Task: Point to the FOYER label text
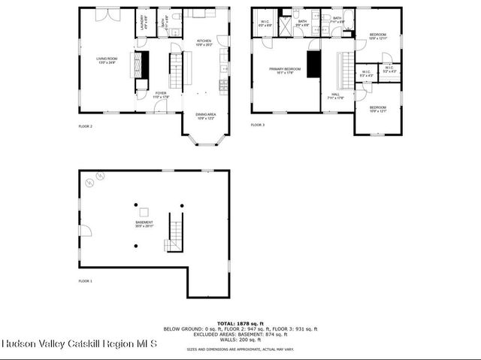point(162,94)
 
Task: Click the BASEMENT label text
point(144,222)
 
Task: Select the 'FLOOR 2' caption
point(86,126)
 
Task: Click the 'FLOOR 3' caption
point(258,125)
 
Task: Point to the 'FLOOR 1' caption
point(86,280)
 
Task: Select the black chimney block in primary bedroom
point(314,66)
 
